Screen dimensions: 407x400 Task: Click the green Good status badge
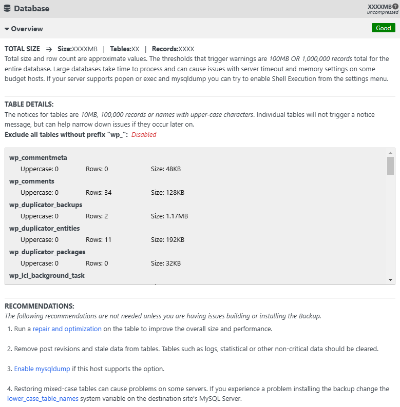(x=383, y=28)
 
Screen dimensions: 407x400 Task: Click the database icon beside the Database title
(x=7, y=8)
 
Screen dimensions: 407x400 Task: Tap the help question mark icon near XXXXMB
(x=395, y=6)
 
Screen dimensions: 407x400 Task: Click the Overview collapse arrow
(x=7, y=29)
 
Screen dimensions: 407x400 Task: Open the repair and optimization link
(x=67, y=329)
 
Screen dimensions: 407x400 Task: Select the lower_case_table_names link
(x=43, y=398)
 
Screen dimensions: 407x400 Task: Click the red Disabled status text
(x=144, y=135)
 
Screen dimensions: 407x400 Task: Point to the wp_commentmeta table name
(x=38, y=157)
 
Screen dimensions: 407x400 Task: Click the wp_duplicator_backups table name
(x=45, y=205)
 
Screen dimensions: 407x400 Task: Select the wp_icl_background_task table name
(x=47, y=275)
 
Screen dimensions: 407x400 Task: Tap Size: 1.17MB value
(x=169, y=216)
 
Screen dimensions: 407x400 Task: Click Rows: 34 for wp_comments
(x=99, y=193)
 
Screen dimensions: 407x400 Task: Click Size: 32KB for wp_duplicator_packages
(x=165, y=263)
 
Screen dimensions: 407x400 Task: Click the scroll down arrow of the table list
(x=391, y=279)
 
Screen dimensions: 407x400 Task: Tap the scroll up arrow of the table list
(x=391, y=153)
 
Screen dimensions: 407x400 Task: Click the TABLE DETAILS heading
(x=29, y=104)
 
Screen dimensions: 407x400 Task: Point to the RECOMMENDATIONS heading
(x=40, y=306)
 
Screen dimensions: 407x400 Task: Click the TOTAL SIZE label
(x=22, y=49)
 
